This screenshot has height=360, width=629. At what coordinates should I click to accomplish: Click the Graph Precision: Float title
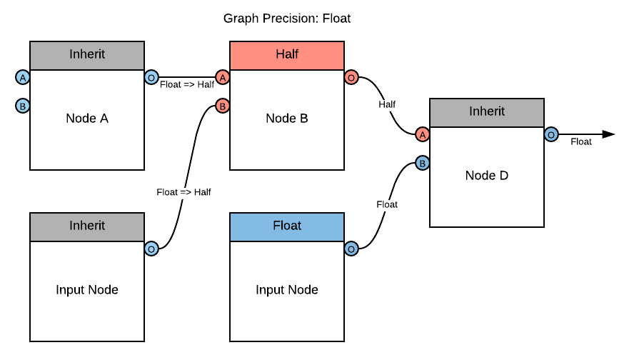click(x=287, y=19)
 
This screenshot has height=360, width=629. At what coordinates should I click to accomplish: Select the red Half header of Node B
click(x=287, y=55)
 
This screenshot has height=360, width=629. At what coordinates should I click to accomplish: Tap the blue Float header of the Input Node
click(x=287, y=226)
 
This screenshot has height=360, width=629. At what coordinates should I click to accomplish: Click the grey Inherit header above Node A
click(x=87, y=55)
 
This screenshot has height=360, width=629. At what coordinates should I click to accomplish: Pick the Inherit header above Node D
click(x=487, y=112)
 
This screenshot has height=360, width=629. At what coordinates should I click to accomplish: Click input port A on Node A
click(x=23, y=77)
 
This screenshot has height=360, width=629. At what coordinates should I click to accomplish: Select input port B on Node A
click(x=23, y=106)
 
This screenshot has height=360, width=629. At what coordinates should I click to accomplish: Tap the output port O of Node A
click(x=151, y=77)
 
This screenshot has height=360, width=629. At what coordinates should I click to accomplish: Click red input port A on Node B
click(x=223, y=77)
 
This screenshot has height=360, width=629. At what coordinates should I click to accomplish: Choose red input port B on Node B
click(x=223, y=106)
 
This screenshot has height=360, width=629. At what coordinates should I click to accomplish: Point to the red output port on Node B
click(x=351, y=77)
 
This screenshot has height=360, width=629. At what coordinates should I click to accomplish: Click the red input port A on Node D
click(x=423, y=134)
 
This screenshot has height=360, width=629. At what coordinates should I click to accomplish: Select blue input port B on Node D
click(x=423, y=163)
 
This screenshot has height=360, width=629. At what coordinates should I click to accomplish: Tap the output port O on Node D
click(x=551, y=134)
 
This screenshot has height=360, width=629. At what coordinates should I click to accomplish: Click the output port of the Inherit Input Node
click(x=151, y=249)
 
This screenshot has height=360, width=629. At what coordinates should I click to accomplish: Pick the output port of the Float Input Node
click(x=351, y=249)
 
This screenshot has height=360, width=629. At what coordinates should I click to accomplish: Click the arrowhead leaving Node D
click(x=608, y=134)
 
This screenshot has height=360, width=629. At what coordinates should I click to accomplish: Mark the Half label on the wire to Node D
click(x=387, y=104)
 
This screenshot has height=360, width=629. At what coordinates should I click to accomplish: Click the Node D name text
click(x=487, y=176)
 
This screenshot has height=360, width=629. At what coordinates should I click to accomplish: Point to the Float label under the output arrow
click(x=581, y=142)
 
